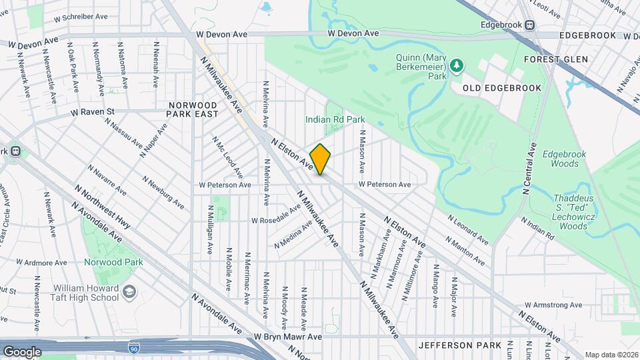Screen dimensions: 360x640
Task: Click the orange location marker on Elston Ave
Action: (x=320, y=159)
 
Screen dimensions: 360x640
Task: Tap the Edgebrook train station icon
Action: (x=530, y=25)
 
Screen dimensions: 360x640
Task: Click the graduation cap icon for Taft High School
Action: (x=129, y=293)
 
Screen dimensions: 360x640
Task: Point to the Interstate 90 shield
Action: (x=133, y=347)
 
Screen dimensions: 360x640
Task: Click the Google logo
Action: (x=22, y=351)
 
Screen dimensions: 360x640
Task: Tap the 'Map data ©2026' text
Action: (x=611, y=355)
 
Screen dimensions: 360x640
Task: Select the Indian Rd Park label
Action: (x=335, y=119)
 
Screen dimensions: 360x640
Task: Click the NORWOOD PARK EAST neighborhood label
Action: (x=193, y=110)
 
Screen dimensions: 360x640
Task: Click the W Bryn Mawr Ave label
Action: (x=287, y=337)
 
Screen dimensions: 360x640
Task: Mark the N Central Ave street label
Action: (x=531, y=168)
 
